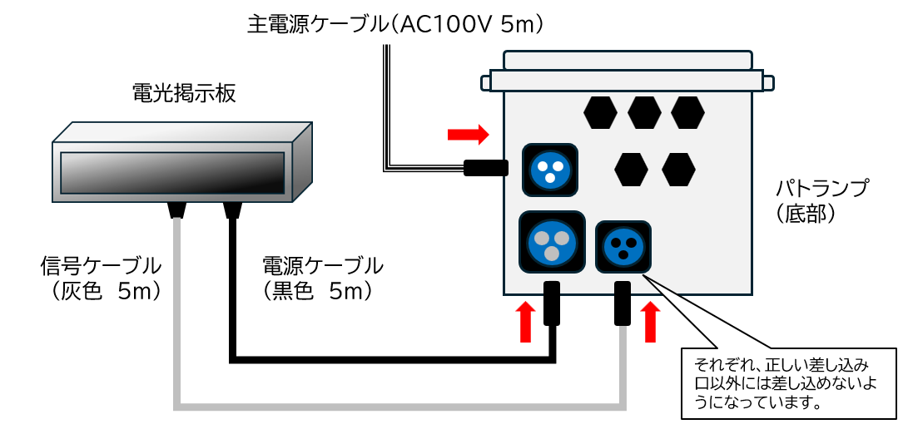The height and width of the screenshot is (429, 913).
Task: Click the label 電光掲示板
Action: [x=184, y=93]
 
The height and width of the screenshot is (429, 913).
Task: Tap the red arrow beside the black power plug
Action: [x=524, y=322]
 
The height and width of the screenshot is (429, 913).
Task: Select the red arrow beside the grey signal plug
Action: [x=651, y=322]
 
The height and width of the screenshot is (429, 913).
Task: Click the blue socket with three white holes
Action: [x=549, y=170]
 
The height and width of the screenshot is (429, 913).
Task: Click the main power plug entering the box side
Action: [x=486, y=168]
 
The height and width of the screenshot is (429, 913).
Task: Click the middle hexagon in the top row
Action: [x=644, y=112]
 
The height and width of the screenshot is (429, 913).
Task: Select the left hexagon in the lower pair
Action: [x=632, y=169]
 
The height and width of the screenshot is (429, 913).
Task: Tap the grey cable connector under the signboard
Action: [x=176, y=210]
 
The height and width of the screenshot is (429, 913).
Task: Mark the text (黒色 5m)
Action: [x=316, y=291]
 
